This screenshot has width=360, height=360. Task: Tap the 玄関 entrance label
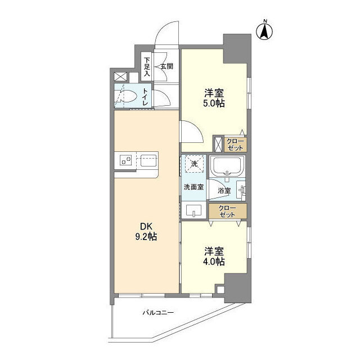pos(166,66)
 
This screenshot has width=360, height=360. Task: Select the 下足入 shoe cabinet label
pos(147,66)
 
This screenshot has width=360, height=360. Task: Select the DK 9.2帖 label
pos(145,231)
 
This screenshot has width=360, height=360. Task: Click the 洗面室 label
pos(193,187)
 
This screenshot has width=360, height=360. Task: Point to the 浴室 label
pos(224,190)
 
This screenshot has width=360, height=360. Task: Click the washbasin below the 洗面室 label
pos(194,210)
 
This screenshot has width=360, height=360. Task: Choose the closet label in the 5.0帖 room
pos(235,143)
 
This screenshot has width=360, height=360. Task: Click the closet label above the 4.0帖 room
pos(227,211)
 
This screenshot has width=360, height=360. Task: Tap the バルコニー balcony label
pos(157,313)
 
